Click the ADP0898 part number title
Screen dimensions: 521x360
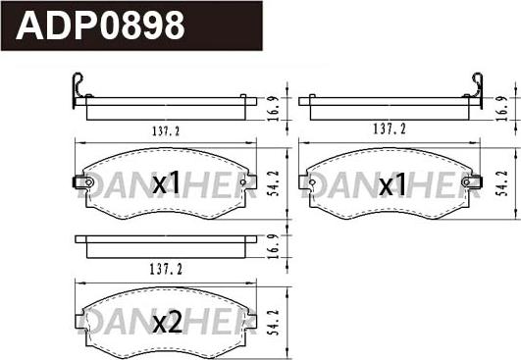pyautogui.click(x=100, y=26)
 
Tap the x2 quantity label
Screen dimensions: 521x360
pyautogui.click(x=167, y=323)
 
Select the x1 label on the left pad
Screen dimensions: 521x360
pyautogui.click(x=166, y=183)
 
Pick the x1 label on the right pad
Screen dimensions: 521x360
pyautogui.click(x=392, y=184)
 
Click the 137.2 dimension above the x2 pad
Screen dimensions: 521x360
pyautogui.click(x=166, y=270)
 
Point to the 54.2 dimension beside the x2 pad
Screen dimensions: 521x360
pyautogui.click(x=274, y=323)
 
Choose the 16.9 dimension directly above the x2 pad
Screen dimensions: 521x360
pyautogui.click(x=273, y=247)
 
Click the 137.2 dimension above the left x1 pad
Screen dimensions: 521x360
pyautogui.click(x=166, y=131)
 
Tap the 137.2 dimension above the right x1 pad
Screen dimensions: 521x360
pyautogui.click(x=390, y=129)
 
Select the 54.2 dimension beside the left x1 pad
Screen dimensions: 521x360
pyautogui.click(x=275, y=183)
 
